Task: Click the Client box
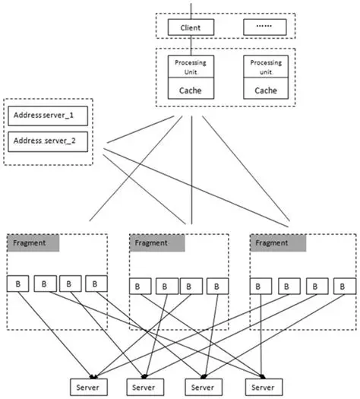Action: [x=190, y=28]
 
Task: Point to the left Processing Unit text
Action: [x=190, y=65]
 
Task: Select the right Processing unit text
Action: [x=266, y=65]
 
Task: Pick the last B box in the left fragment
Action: [x=96, y=283]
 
